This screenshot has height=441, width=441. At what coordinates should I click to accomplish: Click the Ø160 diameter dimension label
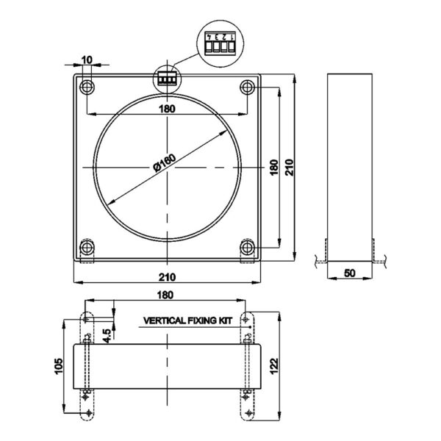click(165, 162)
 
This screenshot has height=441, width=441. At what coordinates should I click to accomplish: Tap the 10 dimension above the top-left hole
click(87, 60)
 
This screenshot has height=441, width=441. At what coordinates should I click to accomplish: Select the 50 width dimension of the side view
click(350, 273)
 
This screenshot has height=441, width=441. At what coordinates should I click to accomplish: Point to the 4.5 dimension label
click(107, 336)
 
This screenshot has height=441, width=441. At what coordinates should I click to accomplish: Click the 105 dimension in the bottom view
click(59, 366)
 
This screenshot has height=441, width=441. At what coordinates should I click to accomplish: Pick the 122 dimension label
click(273, 366)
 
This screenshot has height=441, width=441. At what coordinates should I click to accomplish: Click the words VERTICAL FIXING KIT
click(187, 320)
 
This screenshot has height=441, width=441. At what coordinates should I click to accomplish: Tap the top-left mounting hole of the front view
click(87, 87)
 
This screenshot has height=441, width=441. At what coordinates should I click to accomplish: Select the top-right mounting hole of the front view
click(248, 87)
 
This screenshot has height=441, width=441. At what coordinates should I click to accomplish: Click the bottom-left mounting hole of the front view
click(87, 248)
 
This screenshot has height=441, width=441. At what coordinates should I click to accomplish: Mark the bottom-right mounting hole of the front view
click(248, 248)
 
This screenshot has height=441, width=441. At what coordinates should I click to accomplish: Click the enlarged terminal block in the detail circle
click(220, 43)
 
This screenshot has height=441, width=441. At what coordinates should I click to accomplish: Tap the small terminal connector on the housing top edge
click(167, 79)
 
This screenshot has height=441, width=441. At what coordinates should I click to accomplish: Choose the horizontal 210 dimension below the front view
click(167, 277)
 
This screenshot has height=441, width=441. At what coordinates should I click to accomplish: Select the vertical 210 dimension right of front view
click(289, 168)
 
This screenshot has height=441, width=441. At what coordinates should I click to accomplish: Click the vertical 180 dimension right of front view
click(273, 168)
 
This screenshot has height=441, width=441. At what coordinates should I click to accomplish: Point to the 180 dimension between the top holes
click(167, 109)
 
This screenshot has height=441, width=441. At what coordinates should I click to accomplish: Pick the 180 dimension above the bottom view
click(165, 295)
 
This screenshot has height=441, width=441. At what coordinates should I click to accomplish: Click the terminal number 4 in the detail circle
click(209, 37)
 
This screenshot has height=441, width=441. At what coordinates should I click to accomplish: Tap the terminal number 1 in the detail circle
click(232, 37)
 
